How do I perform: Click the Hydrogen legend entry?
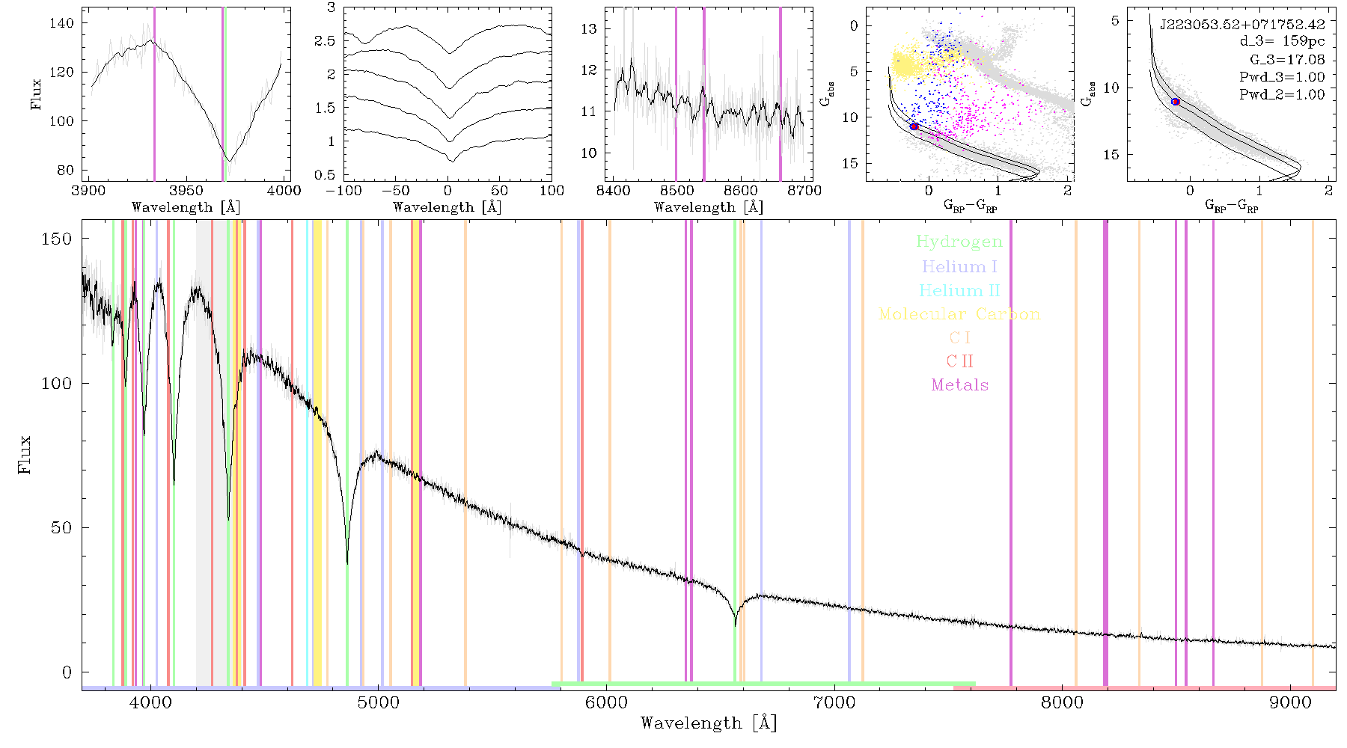click(x=959, y=242)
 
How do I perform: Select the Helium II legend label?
click(x=959, y=290)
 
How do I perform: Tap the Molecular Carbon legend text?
click(x=959, y=314)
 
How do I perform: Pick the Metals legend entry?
click(x=960, y=385)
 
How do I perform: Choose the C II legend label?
click(x=960, y=361)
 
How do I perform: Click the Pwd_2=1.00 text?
click(x=1282, y=95)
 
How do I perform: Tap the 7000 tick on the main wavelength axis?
click(x=834, y=703)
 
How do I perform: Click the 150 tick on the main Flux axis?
click(x=57, y=239)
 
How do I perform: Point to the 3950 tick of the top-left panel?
click(x=186, y=191)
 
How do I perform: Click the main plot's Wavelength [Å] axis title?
click(x=709, y=723)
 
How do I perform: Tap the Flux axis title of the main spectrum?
click(x=25, y=455)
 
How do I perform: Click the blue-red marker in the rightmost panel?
click(x=1176, y=102)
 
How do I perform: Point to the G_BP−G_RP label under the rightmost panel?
click(x=1232, y=206)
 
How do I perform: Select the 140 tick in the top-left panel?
click(x=62, y=23)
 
